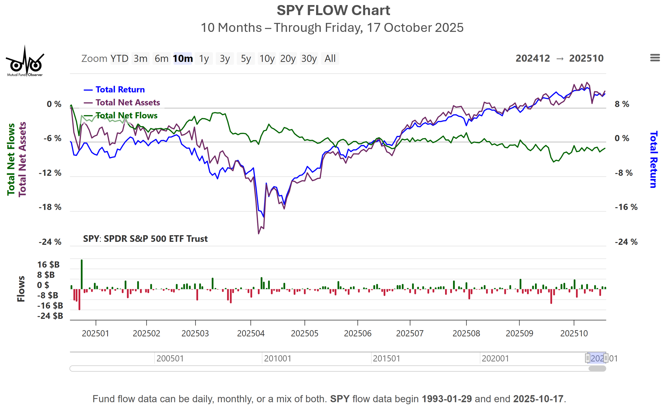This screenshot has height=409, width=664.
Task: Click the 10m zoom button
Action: click(183, 59)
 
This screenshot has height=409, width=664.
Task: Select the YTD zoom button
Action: click(119, 59)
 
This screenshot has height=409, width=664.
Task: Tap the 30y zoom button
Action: click(309, 59)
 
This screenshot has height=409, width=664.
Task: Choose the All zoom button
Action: click(330, 59)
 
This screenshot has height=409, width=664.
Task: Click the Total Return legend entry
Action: click(120, 89)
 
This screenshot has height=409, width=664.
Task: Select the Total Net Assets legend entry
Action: click(128, 103)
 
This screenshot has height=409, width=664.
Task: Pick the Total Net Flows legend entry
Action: click(126, 115)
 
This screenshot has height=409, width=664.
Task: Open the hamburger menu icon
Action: click(655, 58)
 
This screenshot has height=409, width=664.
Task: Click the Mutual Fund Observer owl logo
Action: click(25, 62)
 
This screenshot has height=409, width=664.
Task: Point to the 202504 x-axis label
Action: click(250, 334)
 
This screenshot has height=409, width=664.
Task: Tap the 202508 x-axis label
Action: click(466, 334)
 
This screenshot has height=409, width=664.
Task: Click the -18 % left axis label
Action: click(50, 207)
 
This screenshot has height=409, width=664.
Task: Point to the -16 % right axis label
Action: click(626, 207)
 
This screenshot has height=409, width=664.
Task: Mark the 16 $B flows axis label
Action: click(48, 265)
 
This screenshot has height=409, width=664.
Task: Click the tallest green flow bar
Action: click(82, 274)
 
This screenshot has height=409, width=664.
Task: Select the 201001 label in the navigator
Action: click(278, 358)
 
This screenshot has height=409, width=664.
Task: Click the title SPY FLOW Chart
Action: click(333, 11)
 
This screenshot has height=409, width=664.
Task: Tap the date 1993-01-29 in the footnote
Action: click(446, 399)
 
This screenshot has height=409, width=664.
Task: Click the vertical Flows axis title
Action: click(21, 289)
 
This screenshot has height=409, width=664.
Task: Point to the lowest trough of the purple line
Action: click(259, 233)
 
